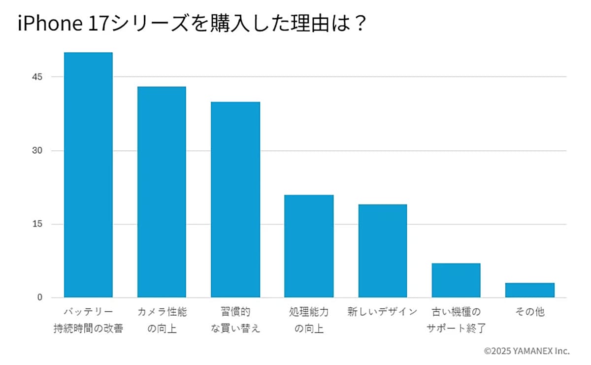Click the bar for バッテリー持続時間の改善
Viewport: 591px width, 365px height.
pos(88,175)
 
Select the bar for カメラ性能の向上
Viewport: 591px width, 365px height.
pos(162,192)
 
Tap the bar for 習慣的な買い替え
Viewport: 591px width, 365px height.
pos(235,199)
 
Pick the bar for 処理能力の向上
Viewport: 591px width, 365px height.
pos(309,246)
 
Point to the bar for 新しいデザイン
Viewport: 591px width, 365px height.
pos(382,251)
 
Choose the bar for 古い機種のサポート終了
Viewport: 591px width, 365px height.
pos(456,280)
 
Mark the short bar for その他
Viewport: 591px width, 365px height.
pos(529,290)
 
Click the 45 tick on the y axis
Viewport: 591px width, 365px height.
pos(37,77)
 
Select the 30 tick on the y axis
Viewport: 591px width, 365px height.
pos(37,151)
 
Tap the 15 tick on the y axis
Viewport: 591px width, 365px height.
pos(37,224)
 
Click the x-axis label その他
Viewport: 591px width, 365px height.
pos(530,312)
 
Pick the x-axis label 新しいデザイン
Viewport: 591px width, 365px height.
pos(382,312)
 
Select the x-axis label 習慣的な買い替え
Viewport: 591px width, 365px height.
pos(235,320)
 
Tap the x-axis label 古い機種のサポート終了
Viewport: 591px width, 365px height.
pos(456,320)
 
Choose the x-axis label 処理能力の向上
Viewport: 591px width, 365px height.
pos(309,320)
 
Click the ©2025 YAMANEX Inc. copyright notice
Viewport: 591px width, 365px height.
pos(526,351)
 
